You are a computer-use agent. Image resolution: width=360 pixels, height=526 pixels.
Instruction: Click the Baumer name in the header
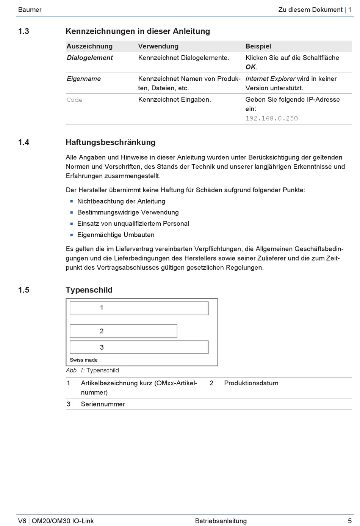[x=30, y=10]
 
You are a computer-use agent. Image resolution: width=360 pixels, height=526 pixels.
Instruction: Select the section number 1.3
[x=23, y=31]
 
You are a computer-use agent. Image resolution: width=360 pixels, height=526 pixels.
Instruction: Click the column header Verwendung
[x=158, y=46]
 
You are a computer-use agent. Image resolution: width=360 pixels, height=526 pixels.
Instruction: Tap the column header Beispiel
[x=258, y=46]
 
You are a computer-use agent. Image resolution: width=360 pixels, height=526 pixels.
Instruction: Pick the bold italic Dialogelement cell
[x=90, y=58]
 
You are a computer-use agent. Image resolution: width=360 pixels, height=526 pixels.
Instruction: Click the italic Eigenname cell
[x=84, y=79]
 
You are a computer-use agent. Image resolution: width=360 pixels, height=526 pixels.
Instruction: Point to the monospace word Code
[x=75, y=100]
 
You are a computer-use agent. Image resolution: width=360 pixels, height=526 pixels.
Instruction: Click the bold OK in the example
[x=250, y=67]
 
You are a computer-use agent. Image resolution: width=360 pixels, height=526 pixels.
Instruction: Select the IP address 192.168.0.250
[x=272, y=118]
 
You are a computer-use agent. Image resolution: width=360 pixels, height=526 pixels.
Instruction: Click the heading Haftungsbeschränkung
[x=111, y=143]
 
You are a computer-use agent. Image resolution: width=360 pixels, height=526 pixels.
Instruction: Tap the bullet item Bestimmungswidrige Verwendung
[x=128, y=212]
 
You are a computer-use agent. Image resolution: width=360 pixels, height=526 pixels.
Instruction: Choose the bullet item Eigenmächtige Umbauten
[x=116, y=235]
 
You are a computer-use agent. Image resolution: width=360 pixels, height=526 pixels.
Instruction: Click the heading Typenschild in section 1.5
[x=89, y=290]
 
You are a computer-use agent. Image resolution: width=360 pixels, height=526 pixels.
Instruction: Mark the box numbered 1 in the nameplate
[x=139, y=308]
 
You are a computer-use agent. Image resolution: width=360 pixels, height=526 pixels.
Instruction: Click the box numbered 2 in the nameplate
[x=124, y=331]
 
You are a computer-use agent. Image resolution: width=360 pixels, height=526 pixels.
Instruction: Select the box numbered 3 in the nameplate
[x=139, y=347]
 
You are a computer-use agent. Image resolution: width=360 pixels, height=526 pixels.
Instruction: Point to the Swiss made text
[x=84, y=360]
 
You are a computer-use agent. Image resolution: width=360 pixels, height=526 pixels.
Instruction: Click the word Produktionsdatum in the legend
[x=251, y=383]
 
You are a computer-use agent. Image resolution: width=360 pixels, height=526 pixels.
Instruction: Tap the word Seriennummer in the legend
[x=103, y=404]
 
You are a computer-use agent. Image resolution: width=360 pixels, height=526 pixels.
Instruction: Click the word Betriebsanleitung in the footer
[x=221, y=521]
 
